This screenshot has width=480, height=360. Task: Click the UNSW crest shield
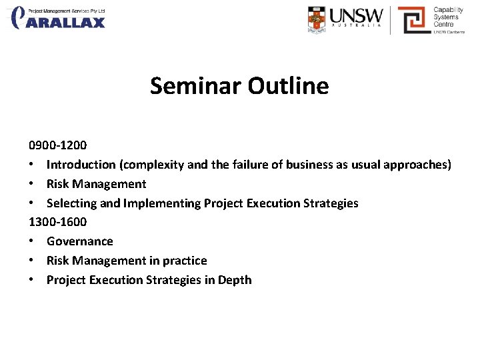click(x=317, y=19)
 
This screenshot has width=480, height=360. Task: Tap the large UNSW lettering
click(x=357, y=15)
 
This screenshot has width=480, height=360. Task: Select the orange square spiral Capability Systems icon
click(x=412, y=20)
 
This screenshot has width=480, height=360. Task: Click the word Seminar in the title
click(x=196, y=86)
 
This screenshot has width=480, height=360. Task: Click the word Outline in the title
click(x=288, y=86)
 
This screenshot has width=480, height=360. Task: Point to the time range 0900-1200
click(x=57, y=145)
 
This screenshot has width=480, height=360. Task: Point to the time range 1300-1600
click(x=57, y=222)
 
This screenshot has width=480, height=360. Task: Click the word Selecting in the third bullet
click(x=71, y=203)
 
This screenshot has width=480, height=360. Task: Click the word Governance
click(x=80, y=241)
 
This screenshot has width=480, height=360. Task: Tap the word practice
click(x=185, y=261)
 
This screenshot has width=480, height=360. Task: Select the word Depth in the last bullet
click(x=235, y=280)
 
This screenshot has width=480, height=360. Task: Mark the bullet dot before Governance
click(x=32, y=241)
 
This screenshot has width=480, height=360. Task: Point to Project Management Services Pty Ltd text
click(x=67, y=11)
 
